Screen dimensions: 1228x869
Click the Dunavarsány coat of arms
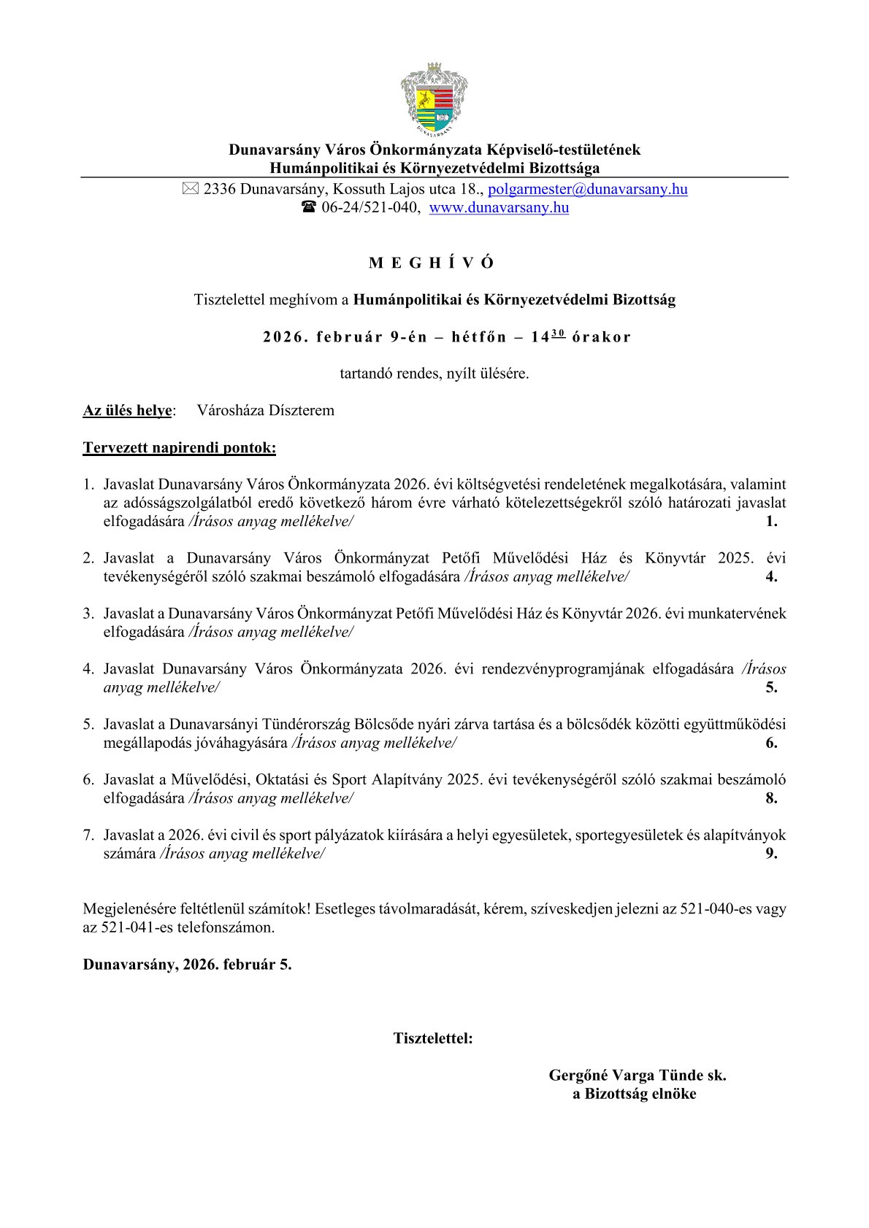(x=434, y=100)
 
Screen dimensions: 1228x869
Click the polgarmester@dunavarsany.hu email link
(x=587, y=189)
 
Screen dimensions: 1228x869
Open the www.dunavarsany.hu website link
(x=499, y=207)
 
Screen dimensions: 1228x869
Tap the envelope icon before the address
(x=190, y=189)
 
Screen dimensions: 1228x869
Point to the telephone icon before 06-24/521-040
(x=308, y=207)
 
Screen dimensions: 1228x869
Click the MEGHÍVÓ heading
(x=432, y=263)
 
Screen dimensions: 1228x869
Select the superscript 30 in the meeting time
(x=558, y=333)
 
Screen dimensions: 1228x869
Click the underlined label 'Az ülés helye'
(x=128, y=410)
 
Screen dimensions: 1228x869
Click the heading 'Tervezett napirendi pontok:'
(x=179, y=447)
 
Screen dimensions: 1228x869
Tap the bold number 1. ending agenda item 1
(x=771, y=521)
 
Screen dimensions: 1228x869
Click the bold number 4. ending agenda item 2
(x=771, y=576)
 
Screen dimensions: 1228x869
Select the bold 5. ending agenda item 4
(x=771, y=687)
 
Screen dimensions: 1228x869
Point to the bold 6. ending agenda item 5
(x=771, y=743)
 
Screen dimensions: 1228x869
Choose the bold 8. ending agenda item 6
(x=771, y=798)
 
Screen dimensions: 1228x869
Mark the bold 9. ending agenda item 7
(x=771, y=853)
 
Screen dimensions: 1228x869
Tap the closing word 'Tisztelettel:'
(x=433, y=1038)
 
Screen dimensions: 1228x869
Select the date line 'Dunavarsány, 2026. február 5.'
(x=187, y=964)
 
